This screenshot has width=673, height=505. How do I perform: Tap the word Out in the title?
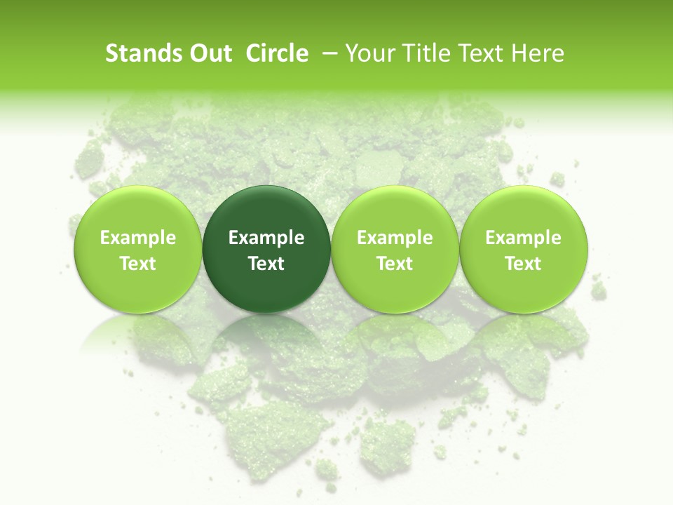[x=209, y=53]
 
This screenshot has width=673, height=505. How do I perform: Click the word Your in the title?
[x=368, y=53]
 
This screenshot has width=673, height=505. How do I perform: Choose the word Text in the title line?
[x=480, y=53]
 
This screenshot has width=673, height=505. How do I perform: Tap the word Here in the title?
[x=538, y=53]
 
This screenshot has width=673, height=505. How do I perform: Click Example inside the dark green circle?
[x=266, y=238]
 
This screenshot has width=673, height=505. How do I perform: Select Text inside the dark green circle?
[x=266, y=264]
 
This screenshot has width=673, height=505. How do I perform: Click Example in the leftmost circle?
[x=138, y=238]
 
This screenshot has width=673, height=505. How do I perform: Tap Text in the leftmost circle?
[x=138, y=264]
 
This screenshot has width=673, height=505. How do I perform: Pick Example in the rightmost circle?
[x=524, y=238]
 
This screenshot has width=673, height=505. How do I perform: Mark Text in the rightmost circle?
[x=524, y=264]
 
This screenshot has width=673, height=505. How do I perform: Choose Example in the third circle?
[x=395, y=238]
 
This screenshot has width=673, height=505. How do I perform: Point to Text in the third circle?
[x=395, y=264]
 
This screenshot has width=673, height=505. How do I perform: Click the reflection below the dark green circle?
[x=266, y=337]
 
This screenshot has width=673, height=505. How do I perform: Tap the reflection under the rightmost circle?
[x=524, y=337]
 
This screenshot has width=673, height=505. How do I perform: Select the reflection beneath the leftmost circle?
[x=138, y=337]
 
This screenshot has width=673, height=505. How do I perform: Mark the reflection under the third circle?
[x=395, y=337]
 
